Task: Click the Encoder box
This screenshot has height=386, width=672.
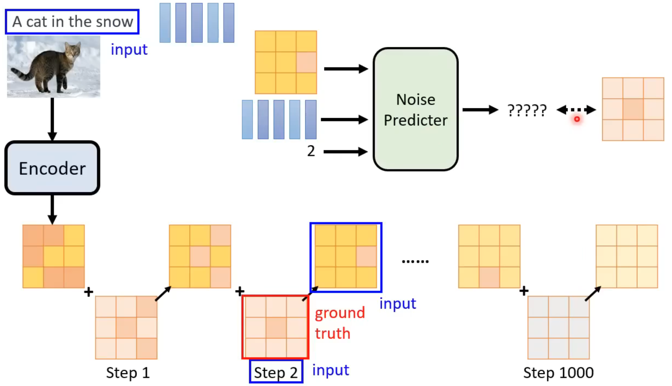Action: point(52,168)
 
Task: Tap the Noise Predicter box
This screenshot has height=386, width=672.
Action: point(416,109)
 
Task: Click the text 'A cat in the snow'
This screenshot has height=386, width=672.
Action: point(72,22)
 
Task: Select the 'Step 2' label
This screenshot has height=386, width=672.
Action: point(276,372)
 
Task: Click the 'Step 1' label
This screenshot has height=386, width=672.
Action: point(128,373)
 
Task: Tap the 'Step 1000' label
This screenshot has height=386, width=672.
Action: point(558,373)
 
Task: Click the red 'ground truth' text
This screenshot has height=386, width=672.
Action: point(340,323)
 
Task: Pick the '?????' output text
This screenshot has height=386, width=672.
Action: point(527,110)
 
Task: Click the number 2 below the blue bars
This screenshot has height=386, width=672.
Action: point(311,151)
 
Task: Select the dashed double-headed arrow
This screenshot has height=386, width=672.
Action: point(576,109)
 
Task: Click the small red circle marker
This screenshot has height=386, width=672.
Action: point(577,119)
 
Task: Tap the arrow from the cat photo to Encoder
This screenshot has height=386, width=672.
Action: point(52,118)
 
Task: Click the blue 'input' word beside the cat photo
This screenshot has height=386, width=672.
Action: point(129,49)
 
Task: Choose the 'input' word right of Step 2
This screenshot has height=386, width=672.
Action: point(331,370)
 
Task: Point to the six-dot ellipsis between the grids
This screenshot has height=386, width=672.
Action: point(415,261)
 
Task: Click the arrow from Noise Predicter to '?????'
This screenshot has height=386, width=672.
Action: point(479,109)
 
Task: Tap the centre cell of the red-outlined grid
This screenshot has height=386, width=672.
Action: point(276,327)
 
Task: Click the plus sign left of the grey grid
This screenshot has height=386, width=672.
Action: point(524,291)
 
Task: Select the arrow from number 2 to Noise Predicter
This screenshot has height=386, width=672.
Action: point(345,152)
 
